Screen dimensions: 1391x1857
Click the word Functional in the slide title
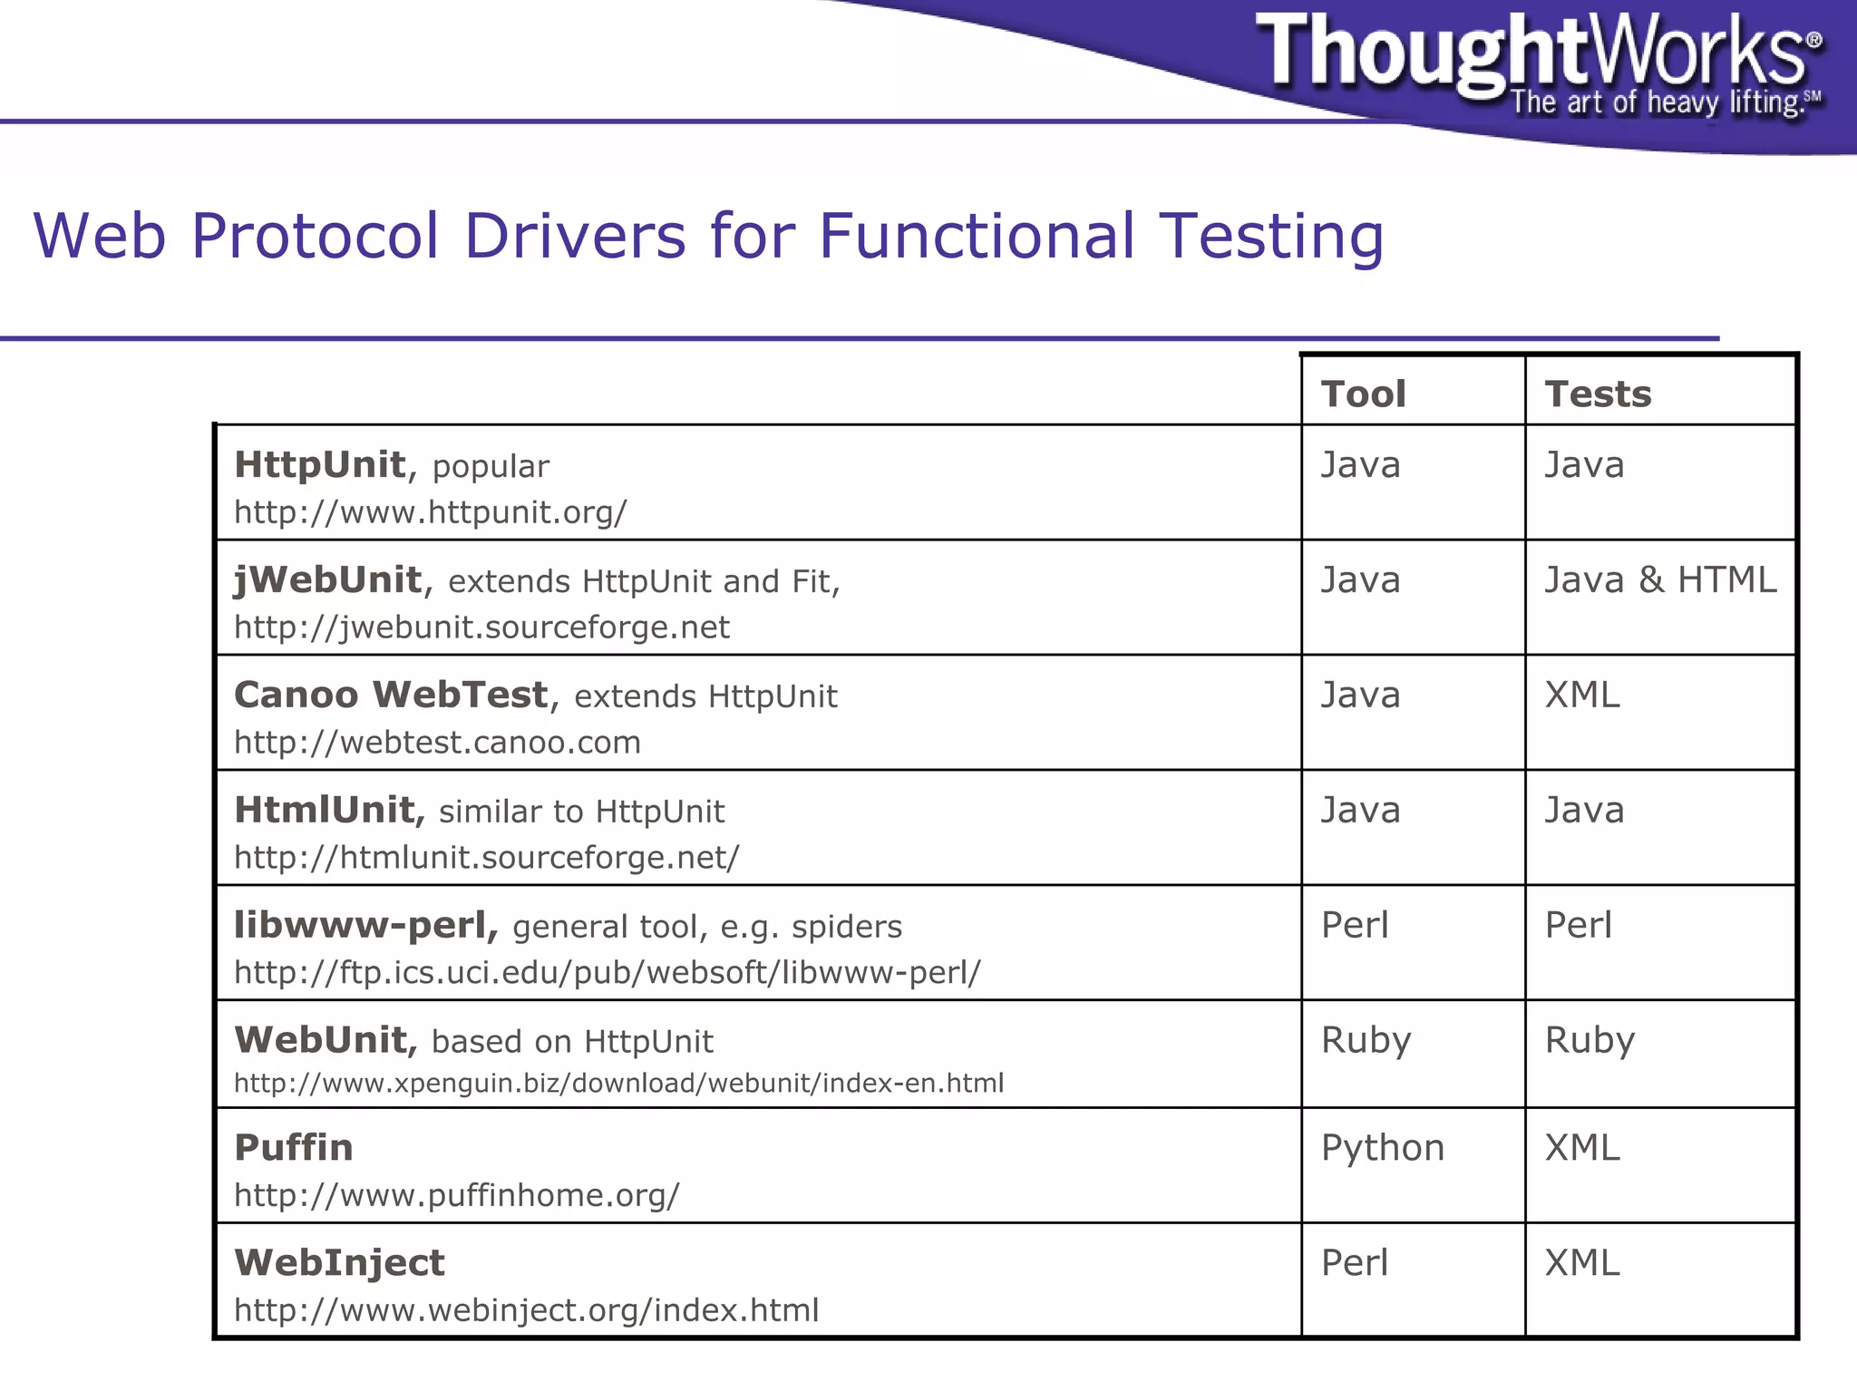pos(976,236)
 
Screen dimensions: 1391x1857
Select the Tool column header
pos(1363,394)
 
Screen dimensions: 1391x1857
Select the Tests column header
pos(1598,394)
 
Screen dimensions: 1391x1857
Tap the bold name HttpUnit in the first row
pos(319,464)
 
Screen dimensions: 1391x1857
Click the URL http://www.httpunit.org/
pos(430,512)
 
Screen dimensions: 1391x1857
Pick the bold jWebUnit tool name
pos(327,579)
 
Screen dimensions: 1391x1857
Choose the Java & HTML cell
pos(1659,579)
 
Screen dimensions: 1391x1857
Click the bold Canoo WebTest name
pos(391,695)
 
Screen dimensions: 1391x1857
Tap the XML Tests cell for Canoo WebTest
pos(1581,695)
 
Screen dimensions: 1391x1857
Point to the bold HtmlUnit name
pos(324,810)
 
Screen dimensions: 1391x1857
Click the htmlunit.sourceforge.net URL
pos(486,857)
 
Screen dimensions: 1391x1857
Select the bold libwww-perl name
pos(365,925)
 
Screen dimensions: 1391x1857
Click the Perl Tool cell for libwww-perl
pos(1354,925)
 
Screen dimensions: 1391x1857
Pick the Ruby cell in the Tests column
pos(1589,1040)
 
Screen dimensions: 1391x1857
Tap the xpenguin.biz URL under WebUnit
pos(618,1083)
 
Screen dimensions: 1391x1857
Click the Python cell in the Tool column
pos(1382,1148)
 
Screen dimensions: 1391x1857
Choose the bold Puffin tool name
pos(293,1148)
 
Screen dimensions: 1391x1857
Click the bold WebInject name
pos(339,1263)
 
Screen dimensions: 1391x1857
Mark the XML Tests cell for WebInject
pos(1581,1263)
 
